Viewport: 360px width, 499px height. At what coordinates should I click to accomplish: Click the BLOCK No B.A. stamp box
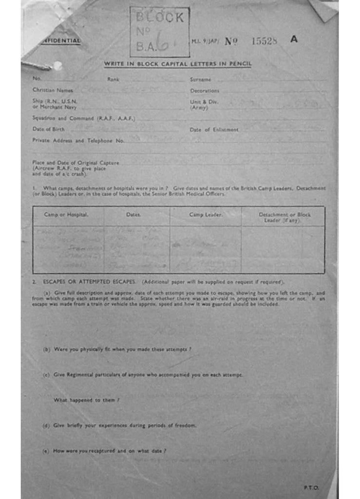click(x=159, y=32)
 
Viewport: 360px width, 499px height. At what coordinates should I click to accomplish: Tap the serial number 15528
click(x=264, y=41)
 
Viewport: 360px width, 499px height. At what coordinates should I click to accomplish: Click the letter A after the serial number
click(x=294, y=39)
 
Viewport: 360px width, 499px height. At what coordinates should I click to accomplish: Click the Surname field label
click(x=200, y=79)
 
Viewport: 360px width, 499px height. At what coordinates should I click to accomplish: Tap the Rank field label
click(x=113, y=79)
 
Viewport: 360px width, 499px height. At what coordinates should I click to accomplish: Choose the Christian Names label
click(x=53, y=90)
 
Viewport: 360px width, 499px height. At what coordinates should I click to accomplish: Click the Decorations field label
click(x=205, y=91)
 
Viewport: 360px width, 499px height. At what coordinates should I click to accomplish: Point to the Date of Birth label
click(x=48, y=130)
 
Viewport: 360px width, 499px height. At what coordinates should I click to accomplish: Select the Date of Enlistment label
click(x=214, y=130)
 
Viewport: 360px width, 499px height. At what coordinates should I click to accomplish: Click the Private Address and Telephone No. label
click(x=78, y=140)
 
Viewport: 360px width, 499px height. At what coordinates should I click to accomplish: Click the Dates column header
click(x=133, y=214)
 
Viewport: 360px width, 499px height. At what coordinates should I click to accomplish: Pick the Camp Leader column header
click(x=206, y=214)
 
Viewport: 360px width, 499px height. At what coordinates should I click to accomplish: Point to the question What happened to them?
click(x=87, y=400)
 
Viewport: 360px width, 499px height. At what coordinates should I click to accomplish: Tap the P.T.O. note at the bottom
click(x=311, y=487)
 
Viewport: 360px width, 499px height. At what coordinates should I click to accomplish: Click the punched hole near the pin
click(x=58, y=65)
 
